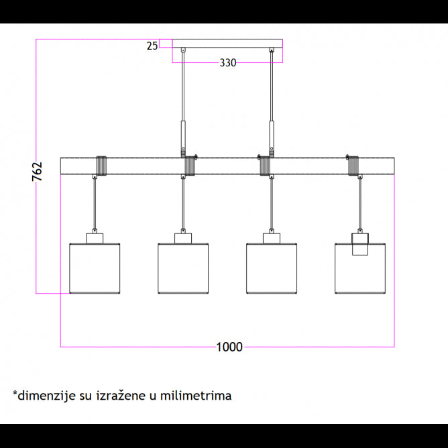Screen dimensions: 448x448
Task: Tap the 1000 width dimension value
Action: click(x=229, y=347)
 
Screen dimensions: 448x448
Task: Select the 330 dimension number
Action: click(x=228, y=63)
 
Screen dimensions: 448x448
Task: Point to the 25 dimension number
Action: click(x=152, y=46)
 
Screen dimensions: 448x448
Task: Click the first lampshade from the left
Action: click(x=95, y=268)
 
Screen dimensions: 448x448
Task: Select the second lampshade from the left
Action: click(x=183, y=268)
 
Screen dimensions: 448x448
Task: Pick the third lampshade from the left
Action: click(x=272, y=268)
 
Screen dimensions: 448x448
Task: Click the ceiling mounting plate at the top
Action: click(x=227, y=48)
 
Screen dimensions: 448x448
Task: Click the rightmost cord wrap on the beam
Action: click(x=353, y=166)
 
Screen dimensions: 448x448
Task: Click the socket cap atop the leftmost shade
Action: click(x=95, y=238)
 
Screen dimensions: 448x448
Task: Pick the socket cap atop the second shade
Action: click(x=183, y=238)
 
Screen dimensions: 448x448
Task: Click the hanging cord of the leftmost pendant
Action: click(x=95, y=205)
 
